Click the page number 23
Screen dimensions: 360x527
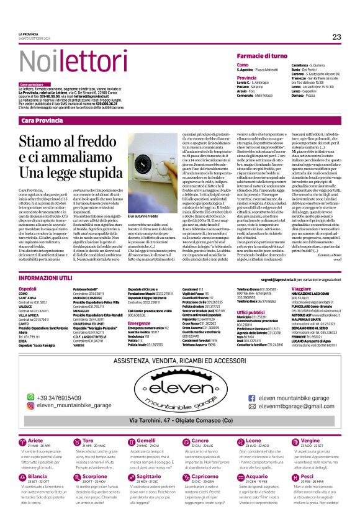tap(337, 37)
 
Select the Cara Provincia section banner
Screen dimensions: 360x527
tap(42, 119)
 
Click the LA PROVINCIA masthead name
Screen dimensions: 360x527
tap(29, 34)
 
